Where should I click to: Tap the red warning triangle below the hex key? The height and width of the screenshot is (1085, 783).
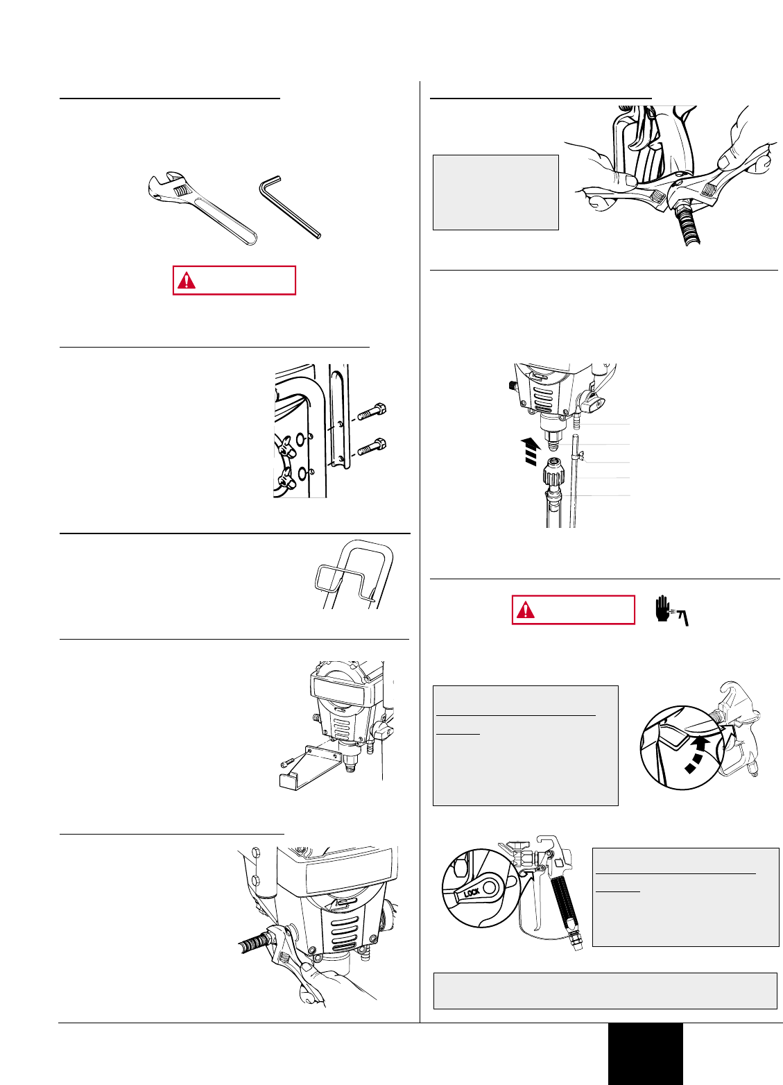click(x=187, y=281)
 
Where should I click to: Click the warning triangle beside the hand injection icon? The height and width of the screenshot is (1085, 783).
click(x=526, y=610)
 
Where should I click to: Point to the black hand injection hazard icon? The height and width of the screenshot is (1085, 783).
click(x=671, y=610)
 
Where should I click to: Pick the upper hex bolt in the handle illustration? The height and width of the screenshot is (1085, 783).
click(x=372, y=411)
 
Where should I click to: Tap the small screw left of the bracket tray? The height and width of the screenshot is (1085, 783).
click(x=287, y=763)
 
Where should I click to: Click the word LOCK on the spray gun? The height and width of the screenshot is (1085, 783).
click(x=472, y=892)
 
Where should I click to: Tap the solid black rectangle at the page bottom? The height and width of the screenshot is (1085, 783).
click(x=646, y=1054)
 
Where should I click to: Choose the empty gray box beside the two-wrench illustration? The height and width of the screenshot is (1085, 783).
click(x=495, y=192)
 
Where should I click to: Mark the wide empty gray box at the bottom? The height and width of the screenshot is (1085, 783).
click(x=605, y=991)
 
